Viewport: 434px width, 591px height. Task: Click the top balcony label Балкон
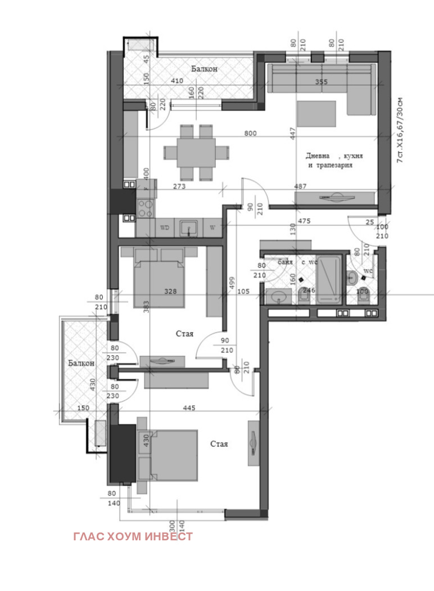tap(204, 69)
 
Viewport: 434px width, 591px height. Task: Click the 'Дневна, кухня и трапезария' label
tap(334, 160)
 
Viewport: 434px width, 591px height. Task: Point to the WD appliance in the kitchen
tap(165, 227)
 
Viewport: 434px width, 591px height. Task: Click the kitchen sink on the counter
tap(188, 227)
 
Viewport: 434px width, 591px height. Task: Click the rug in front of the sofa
tap(317, 113)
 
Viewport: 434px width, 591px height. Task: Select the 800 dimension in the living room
tap(251, 133)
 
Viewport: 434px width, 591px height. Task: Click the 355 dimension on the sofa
tap(321, 82)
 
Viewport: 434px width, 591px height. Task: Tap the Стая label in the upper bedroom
tap(184, 334)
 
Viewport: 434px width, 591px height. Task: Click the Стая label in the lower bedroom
tap(219, 444)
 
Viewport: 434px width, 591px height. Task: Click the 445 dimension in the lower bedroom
tap(189, 408)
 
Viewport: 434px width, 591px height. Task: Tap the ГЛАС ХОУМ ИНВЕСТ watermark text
tap(133, 536)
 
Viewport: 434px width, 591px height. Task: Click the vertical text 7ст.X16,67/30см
tap(400, 131)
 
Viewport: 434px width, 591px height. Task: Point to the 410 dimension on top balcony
tap(177, 81)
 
